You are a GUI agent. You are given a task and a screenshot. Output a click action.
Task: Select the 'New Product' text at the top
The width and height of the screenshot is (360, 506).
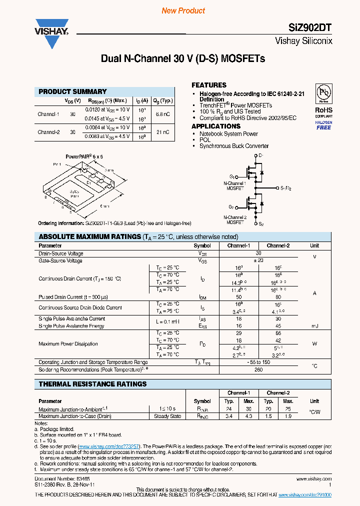click(x=183, y=10)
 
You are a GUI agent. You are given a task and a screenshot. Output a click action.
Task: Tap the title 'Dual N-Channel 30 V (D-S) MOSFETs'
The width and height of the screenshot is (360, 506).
click(x=183, y=59)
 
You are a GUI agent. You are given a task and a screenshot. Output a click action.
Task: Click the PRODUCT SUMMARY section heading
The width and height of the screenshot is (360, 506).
click(x=72, y=91)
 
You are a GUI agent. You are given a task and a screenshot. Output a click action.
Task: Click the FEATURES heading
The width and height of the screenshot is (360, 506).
click(x=209, y=85)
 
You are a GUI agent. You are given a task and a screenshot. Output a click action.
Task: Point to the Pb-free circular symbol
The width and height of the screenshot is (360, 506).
click(x=324, y=93)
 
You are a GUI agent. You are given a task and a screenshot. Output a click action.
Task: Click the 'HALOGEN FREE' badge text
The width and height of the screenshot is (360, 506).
click(x=323, y=125)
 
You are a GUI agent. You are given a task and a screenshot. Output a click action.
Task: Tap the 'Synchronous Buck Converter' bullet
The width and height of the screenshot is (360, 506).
click(x=234, y=146)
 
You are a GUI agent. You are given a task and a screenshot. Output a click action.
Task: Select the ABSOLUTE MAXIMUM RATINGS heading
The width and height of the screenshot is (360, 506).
click(x=90, y=237)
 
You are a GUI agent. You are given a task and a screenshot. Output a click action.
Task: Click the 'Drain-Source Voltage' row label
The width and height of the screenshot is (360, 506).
click(x=61, y=253)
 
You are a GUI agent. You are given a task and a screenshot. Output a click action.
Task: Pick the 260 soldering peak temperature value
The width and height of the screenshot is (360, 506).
click(x=258, y=370)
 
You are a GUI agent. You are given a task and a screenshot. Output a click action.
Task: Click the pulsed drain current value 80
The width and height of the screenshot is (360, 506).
click(x=278, y=296)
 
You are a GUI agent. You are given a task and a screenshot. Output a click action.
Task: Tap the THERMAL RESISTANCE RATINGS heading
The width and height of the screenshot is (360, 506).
click(x=92, y=384)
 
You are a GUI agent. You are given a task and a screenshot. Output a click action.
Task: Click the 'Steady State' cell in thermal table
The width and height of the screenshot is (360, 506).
click(x=167, y=416)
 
